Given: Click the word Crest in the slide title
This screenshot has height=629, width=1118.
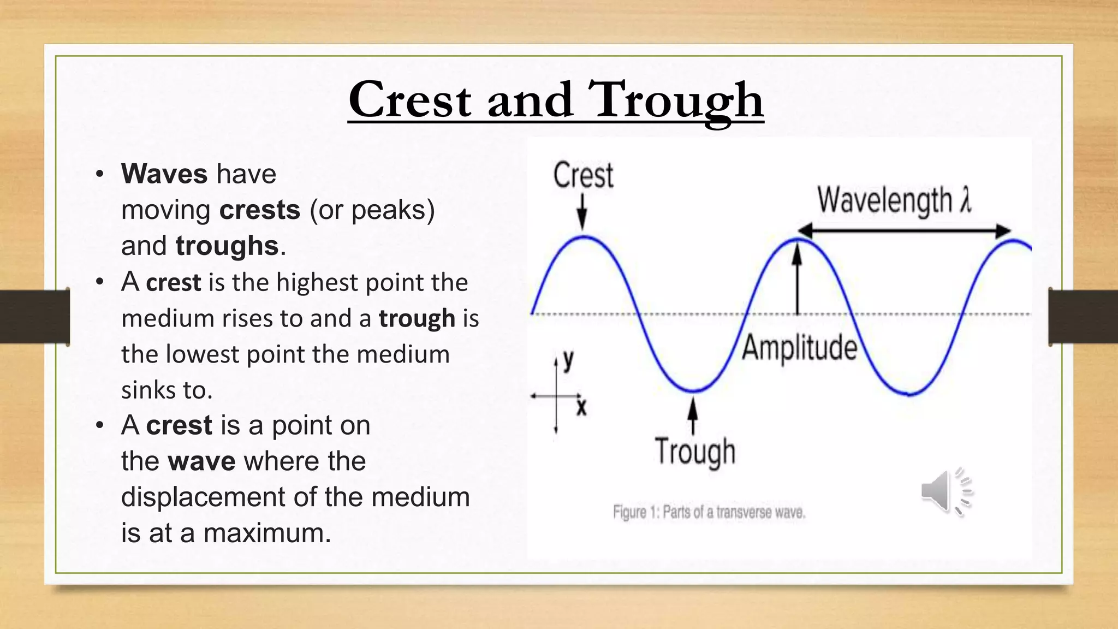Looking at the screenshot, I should tap(409, 100).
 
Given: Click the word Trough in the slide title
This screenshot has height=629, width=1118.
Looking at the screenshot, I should tap(675, 100).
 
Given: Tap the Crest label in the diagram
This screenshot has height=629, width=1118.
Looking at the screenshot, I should tap(583, 176).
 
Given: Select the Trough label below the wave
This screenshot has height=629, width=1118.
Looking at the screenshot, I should tap(695, 452).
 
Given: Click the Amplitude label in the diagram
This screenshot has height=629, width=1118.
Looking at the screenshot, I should tap(799, 348).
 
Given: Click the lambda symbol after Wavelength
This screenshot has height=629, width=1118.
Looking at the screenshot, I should tap(965, 200).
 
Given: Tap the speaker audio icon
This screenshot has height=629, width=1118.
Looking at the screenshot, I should tap(945, 491).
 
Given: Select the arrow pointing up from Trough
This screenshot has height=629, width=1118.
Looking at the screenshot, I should tap(693, 415).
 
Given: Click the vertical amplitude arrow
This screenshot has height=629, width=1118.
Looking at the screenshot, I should tap(798, 278).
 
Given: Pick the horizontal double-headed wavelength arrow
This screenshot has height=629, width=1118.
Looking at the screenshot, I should tap(904, 231).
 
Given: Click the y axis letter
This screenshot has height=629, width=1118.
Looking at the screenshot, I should tap(568, 361).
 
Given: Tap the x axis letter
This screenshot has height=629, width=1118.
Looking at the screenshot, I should tap(581, 407).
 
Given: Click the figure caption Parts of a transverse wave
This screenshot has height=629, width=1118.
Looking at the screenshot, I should tap(709, 513).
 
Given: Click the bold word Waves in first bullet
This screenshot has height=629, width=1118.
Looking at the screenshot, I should tap(164, 174).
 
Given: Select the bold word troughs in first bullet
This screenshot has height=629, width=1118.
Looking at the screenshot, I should tap(227, 246).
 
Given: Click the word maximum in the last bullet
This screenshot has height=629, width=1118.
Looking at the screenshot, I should tap(267, 533).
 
